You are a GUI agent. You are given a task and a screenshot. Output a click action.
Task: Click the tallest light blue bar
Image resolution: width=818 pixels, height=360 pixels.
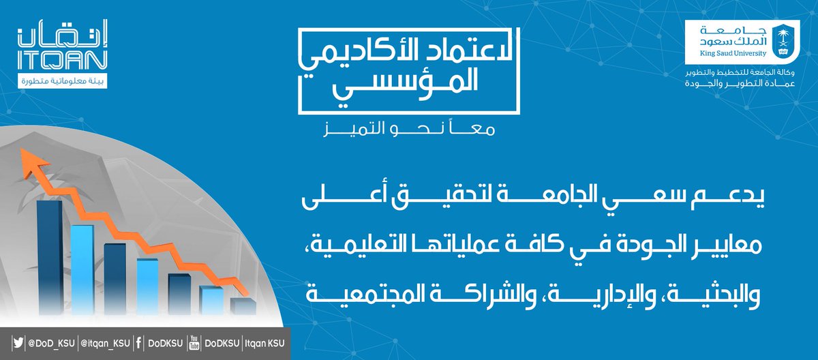(82, 266)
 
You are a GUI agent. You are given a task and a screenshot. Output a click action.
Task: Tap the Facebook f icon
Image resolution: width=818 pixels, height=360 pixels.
(138, 342)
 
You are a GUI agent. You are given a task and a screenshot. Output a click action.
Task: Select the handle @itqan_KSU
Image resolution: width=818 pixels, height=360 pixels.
(103, 342)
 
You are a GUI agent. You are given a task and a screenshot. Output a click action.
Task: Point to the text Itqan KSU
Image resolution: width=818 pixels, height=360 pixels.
(264, 342)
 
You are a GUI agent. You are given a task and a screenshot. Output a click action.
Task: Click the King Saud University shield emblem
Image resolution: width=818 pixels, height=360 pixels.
(783, 40)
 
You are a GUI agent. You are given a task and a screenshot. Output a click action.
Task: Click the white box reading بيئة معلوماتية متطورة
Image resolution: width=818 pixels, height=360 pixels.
(61, 82)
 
